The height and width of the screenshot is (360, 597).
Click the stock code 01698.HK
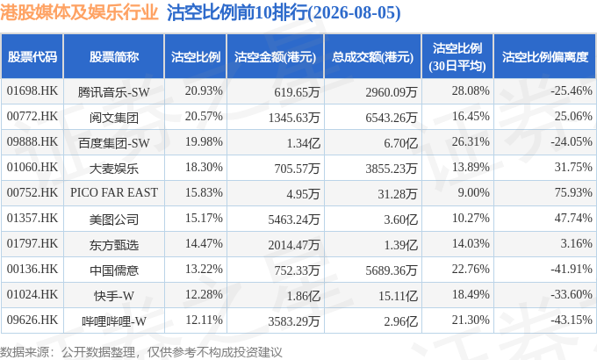coord(32,91)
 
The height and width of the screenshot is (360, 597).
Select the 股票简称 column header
coord(114,57)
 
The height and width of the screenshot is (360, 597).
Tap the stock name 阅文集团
coord(114,118)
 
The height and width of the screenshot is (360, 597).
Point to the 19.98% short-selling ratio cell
coord(204,141)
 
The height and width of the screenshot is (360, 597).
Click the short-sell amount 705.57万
coord(297,168)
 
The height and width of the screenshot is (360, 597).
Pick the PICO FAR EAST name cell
coord(114,192)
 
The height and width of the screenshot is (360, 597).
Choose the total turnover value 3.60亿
coord(400,220)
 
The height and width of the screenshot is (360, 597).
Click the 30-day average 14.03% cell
coord(471,243)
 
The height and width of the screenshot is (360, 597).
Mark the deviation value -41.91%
coord(572,269)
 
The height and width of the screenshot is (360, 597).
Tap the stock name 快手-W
coord(114,296)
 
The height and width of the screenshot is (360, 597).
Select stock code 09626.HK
coord(32,320)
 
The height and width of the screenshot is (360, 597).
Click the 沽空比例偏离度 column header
coord(545,57)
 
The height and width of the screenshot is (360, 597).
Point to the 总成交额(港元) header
coord(372,57)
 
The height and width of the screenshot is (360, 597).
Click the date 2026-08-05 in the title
coord(354,12)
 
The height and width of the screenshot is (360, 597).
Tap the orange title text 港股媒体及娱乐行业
coord(79,12)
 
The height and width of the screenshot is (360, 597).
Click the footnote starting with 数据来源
coord(141,351)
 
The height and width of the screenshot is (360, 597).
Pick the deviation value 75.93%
coord(573,192)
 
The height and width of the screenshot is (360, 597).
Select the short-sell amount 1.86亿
coord(304,296)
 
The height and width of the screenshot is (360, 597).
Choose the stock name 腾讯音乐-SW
coord(114,92)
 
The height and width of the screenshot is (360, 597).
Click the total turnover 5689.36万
coord(392,270)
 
